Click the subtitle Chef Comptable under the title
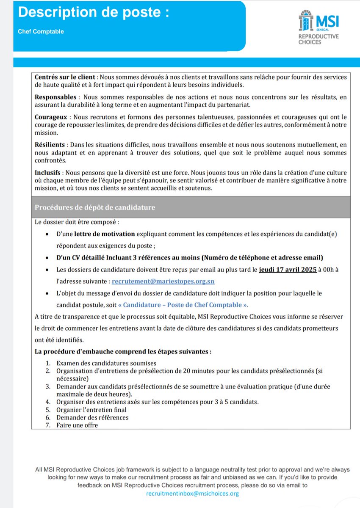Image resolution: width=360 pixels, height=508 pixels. (41, 32)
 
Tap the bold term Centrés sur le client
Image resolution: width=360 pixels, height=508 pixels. (65, 77)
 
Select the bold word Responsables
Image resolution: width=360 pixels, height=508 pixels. (55, 97)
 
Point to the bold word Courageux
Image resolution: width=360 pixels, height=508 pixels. (51, 116)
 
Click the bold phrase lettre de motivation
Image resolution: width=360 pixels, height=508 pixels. (104, 234)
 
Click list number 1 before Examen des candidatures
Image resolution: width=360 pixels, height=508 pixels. (47, 363)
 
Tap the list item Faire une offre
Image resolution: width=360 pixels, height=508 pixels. (77, 425)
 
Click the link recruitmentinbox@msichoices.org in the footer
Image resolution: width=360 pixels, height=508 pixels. (192, 494)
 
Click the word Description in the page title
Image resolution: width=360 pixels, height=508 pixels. (53, 13)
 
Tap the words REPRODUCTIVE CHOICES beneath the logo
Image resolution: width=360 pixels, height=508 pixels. (318, 39)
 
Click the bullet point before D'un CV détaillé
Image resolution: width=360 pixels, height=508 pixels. (47, 258)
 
